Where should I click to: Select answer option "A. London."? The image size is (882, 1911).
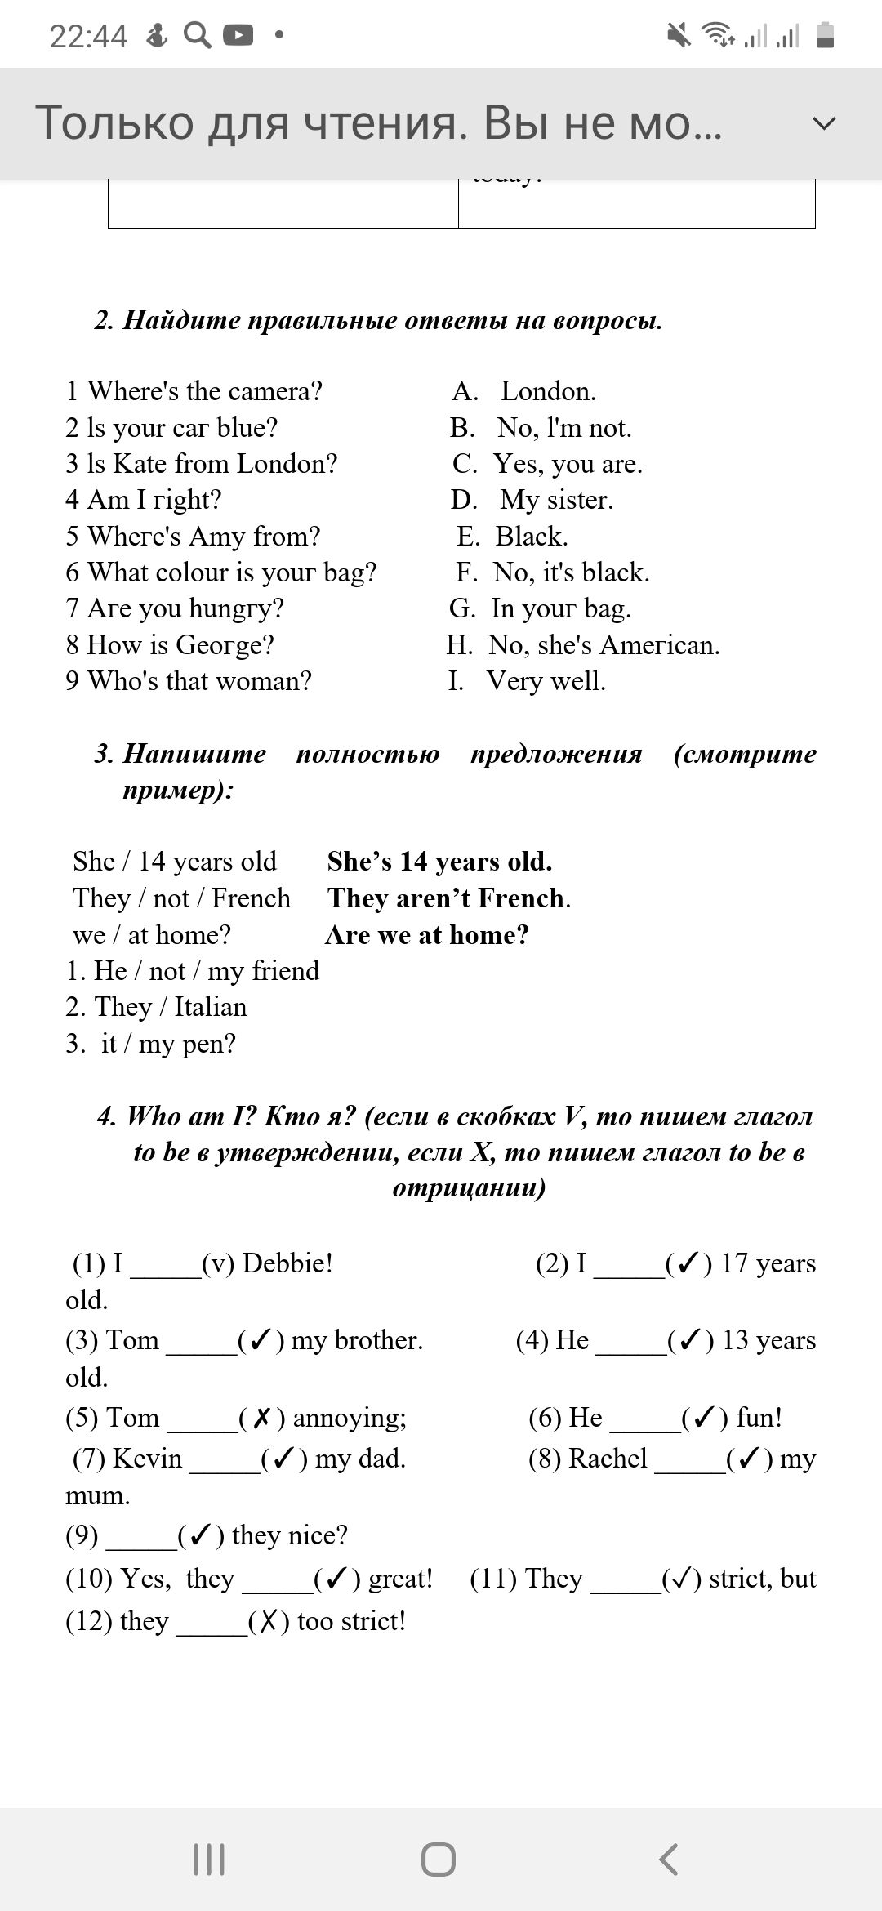tap(523, 391)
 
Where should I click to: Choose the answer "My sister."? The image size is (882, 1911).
tap(555, 500)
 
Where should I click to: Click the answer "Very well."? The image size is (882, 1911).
tap(546, 681)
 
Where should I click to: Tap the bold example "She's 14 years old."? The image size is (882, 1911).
tap(439, 862)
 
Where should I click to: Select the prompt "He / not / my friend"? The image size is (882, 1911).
tap(193, 971)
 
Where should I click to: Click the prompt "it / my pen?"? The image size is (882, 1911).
tap(167, 1044)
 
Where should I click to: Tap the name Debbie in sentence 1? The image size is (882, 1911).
tap(287, 1263)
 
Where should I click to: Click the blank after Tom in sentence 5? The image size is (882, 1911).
tap(202, 1419)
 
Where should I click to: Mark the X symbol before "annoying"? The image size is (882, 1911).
tap(261, 1419)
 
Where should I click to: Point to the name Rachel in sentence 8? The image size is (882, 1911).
tap(608, 1459)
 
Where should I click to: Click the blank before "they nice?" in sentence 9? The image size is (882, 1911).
tap(141, 1536)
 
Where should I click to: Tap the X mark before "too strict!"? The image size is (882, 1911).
tap(269, 1622)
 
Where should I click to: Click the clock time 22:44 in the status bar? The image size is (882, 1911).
tap(88, 36)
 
